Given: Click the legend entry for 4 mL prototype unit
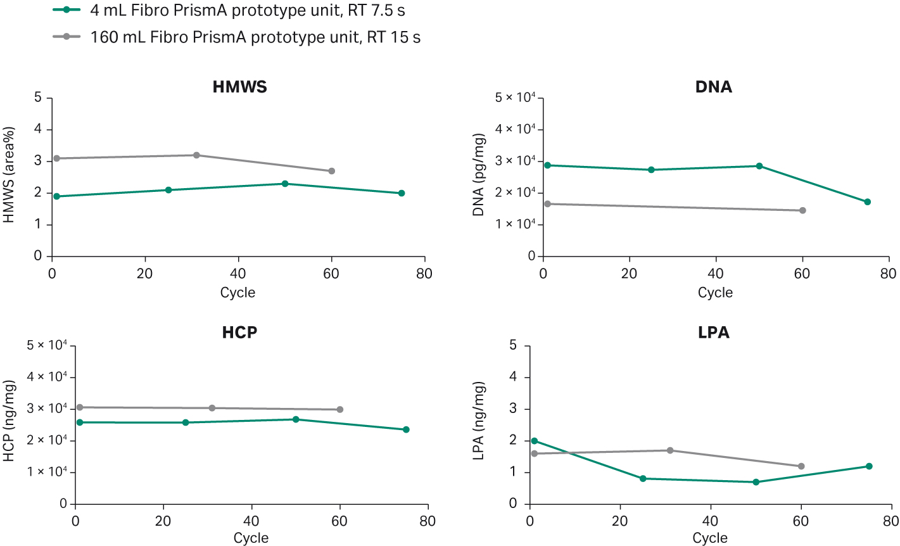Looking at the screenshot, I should [247, 10].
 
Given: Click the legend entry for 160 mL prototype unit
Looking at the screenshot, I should [255, 37].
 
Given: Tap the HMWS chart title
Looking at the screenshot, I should [239, 87].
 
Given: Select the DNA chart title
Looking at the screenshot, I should [713, 87].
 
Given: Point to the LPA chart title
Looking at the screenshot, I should [713, 333].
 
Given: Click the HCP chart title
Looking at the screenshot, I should [239, 333].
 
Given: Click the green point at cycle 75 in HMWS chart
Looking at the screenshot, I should [402, 193].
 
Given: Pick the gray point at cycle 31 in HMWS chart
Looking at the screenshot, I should [196, 155].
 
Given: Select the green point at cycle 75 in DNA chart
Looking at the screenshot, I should [868, 202].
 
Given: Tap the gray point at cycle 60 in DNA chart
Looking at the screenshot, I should [802, 210].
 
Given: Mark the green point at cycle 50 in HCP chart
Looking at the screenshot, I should [296, 419].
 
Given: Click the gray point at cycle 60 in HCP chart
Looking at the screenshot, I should [340, 410].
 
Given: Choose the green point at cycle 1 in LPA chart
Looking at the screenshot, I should [534, 441].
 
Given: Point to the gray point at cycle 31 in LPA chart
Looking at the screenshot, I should [670, 450].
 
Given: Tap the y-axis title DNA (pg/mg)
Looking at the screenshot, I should [479, 175].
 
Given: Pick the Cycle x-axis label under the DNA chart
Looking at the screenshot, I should [715, 293].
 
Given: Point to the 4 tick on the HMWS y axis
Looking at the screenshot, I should [38, 130].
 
